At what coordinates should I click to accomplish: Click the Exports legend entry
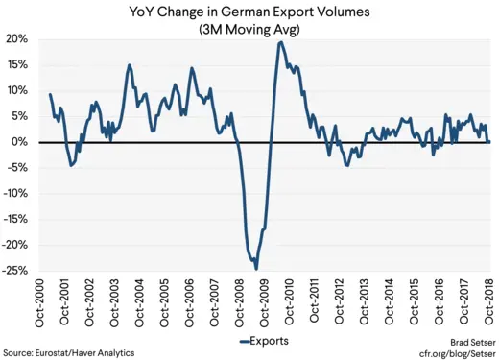pos(255,341)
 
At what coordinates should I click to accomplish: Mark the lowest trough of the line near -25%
pos(256,268)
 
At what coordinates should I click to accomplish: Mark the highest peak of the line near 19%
pos(280,42)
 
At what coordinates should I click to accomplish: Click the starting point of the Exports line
pos(49,94)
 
